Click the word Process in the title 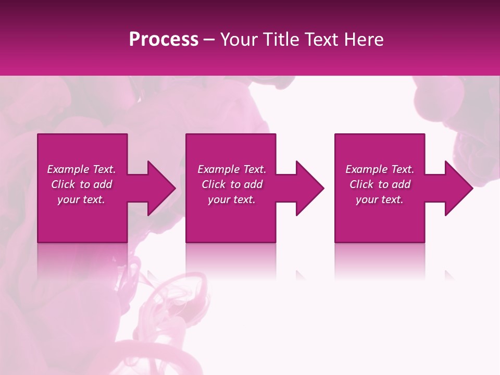coord(164,40)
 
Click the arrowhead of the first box coord(157,188)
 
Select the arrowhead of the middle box coord(305,188)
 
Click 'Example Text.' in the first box coord(81,169)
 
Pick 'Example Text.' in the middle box coord(232,169)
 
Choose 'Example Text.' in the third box coord(380,169)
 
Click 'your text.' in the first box coord(81,199)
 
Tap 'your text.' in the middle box coord(232,199)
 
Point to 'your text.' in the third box coord(380,199)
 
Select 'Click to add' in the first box coord(81,184)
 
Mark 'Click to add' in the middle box coord(232,184)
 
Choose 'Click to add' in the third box coord(380,184)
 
